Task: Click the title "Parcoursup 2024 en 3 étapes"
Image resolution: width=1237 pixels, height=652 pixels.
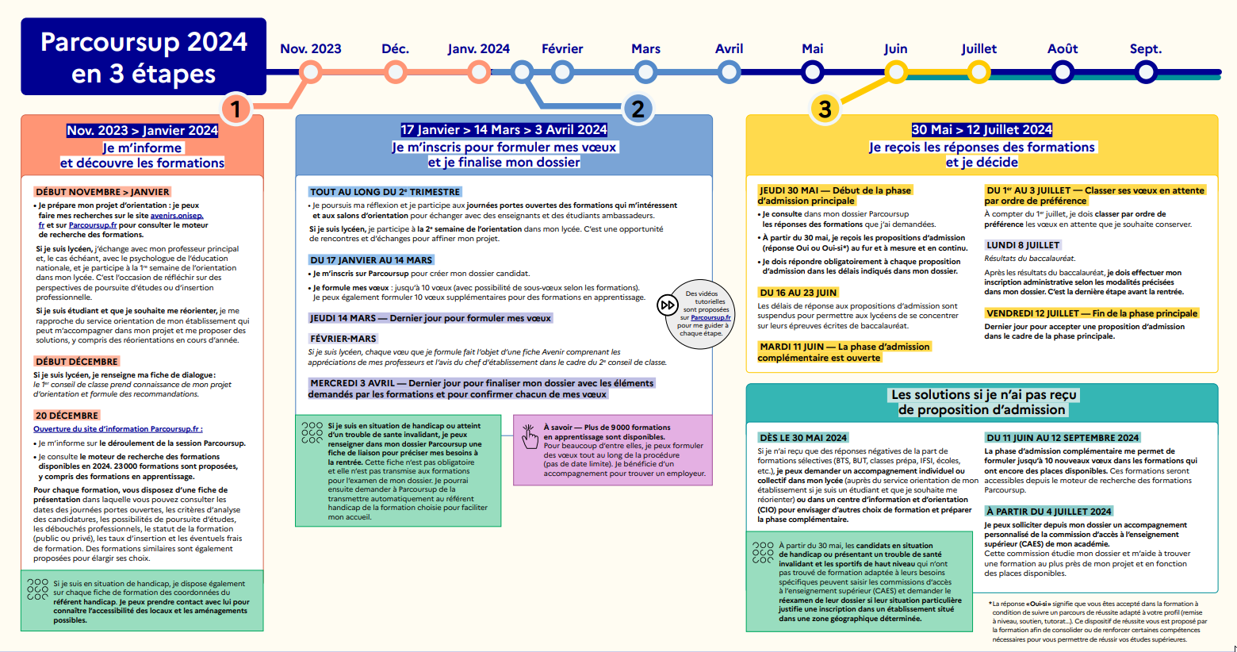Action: pos(144,57)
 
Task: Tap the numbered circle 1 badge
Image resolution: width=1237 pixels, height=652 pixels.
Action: pos(236,109)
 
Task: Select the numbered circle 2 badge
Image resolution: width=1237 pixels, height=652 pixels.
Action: pos(638,109)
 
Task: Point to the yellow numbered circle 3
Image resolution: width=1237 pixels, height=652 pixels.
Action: pos(825,109)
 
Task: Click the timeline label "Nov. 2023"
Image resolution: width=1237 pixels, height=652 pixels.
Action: pos(311,49)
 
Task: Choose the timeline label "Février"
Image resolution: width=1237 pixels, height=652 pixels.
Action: pos(562,49)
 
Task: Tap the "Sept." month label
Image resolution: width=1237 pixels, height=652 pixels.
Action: pos(1145,49)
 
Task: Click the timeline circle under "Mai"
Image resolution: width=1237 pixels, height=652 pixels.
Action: pos(812,73)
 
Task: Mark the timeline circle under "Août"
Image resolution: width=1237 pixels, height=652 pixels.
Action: pos(1063,73)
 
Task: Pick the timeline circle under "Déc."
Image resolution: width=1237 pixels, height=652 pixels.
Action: pos(395,73)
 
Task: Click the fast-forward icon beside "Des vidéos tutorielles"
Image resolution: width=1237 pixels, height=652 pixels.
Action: pos(668,305)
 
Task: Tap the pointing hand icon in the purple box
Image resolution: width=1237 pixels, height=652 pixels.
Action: pos(530,435)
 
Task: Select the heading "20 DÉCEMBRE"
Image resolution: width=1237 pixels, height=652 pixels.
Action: pos(67,416)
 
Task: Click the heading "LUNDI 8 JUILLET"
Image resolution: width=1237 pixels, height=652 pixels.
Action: pos(1023,245)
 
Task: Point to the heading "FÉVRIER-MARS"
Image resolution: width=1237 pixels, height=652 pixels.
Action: pos(343,339)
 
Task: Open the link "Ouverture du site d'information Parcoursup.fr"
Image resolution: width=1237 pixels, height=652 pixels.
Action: pos(117,429)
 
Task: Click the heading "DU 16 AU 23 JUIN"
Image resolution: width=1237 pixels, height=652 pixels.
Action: pos(798,293)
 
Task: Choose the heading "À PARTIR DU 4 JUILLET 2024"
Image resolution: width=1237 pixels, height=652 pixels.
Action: pos(1048,512)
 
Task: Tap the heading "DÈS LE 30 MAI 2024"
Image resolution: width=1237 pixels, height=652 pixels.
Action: pos(803,438)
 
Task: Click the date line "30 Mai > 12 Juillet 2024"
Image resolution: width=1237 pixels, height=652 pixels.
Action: pos(982,130)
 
